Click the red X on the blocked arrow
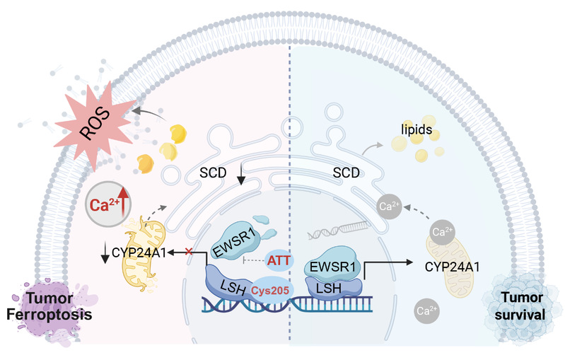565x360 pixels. coord(188,251)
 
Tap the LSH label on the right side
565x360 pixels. coord(333,289)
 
